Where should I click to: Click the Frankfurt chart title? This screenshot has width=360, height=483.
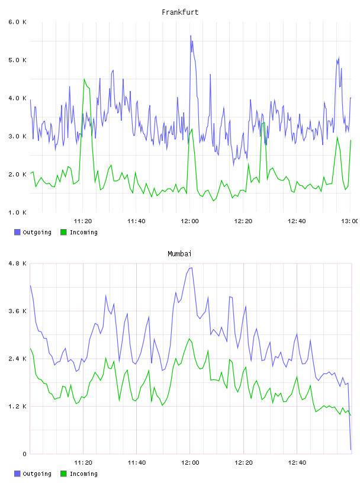[x=180, y=12]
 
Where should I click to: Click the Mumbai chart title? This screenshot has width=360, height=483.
[x=179, y=254]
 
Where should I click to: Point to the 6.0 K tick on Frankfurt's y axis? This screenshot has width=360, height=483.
[x=17, y=22]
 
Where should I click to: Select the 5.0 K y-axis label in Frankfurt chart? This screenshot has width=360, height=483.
[x=17, y=60]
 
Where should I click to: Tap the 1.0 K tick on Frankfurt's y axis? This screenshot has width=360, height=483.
[x=17, y=212]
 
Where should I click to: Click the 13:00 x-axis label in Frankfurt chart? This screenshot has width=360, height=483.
[x=350, y=221]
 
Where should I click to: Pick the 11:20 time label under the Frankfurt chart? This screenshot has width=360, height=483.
[x=83, y=221]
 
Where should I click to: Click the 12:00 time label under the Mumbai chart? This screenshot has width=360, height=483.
[x=190, y=463]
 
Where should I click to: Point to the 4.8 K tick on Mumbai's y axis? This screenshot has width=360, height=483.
[x=17, y=263]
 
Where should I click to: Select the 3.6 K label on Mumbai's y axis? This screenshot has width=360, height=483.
[x=17, y=311]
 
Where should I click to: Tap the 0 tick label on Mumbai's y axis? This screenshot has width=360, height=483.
[x=25, y=454]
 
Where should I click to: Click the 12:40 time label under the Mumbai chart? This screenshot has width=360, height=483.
[x=297, y=463]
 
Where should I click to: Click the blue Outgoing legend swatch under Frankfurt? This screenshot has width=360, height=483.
[x=17, y=232]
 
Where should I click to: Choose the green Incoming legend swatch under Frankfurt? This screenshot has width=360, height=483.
[x=63, y=232]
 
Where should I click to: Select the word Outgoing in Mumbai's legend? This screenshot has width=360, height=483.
[x=37, y=474]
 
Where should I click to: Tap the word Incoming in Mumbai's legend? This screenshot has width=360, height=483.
[x=83, y=474]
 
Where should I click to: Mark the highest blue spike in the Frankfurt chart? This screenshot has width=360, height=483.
[x=191, y=36]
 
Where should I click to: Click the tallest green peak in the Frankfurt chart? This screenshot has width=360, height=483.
[x=84, y=79]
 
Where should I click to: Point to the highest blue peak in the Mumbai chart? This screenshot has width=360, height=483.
[x=191, y=268]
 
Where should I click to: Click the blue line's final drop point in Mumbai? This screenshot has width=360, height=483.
[x=351, y=449]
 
